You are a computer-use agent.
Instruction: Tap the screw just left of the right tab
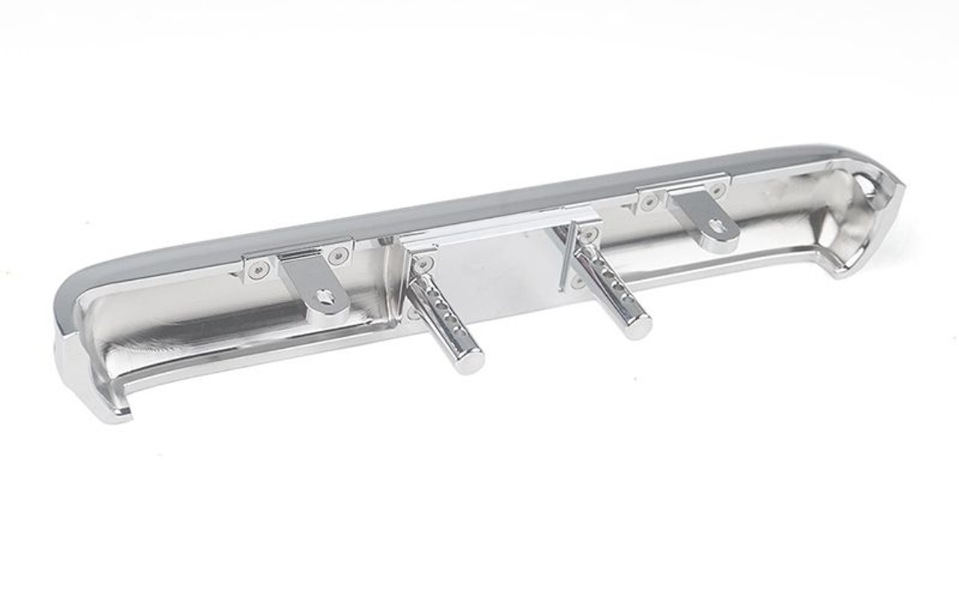tap(649, 201)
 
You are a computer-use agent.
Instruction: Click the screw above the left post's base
tap(424, 264)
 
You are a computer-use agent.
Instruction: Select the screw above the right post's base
tap(589, 235)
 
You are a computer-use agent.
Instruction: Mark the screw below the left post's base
tap(414, 312)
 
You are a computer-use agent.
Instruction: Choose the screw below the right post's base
tap(577, 282)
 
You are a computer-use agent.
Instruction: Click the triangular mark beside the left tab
tap(239, 275)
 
